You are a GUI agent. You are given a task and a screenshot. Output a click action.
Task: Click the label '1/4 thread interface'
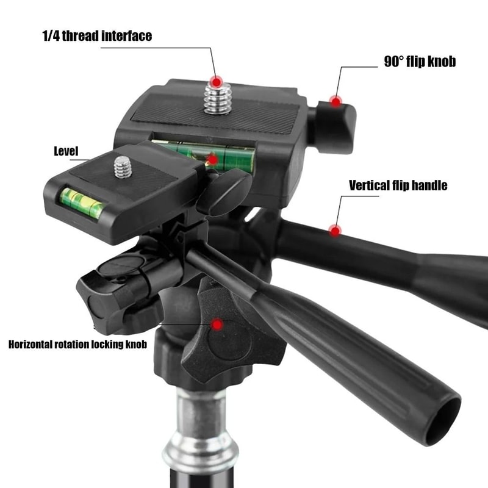(x=97, y=36)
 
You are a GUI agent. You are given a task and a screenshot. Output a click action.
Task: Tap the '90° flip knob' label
(x=420, y=62)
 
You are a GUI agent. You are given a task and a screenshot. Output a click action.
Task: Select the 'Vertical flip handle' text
(x=398, y=185)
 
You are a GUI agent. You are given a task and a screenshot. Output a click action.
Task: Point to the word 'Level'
(x=66, y=151)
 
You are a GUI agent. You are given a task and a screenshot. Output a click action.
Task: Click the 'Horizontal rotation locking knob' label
(x=77, y=345)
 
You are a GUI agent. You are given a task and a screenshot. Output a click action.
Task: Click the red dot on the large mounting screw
(x=215, y=81)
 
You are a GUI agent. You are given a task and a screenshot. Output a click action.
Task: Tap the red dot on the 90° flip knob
(x=335, y=101)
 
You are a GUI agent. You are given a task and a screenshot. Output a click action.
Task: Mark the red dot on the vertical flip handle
(x=334, y=230)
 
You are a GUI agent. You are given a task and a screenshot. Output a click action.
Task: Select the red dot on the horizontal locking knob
(x=216, y=325)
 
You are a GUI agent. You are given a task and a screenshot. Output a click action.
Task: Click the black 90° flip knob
(x=332, y=125)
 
